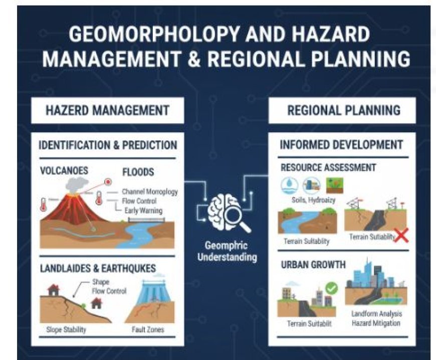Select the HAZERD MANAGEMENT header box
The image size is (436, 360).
coord(107,110)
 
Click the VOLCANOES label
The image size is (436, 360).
coord(64,170)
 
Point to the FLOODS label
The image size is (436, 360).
coord(138,172)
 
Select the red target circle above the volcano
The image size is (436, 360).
coord(107,182)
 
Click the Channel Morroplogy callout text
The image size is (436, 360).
coord(149,192)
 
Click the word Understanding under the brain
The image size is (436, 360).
coord(227,257)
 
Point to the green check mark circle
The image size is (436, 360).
coord(331,288)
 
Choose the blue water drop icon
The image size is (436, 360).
coord(290,185)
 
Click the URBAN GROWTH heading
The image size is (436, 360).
coord(313,264)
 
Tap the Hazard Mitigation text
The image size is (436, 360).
coord(375,323)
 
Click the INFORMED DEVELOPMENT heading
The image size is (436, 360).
coord(341,145)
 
